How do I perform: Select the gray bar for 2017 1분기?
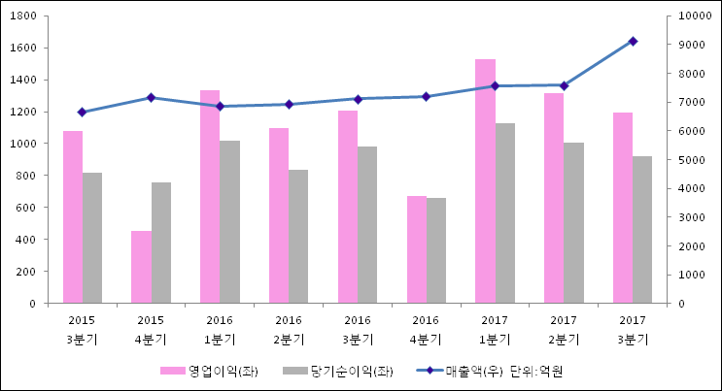point(505,213)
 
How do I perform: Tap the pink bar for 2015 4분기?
point(141,267)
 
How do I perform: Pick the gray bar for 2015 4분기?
point(161,243)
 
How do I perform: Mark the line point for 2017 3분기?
point(633,41)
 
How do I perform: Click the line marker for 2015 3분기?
point(82,113)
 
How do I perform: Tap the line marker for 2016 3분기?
point(358,99)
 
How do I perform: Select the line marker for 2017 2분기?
point(564,85)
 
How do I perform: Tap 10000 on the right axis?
point(692,16)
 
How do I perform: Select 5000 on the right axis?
point(689,160)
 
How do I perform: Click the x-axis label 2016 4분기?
point(426,329)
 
